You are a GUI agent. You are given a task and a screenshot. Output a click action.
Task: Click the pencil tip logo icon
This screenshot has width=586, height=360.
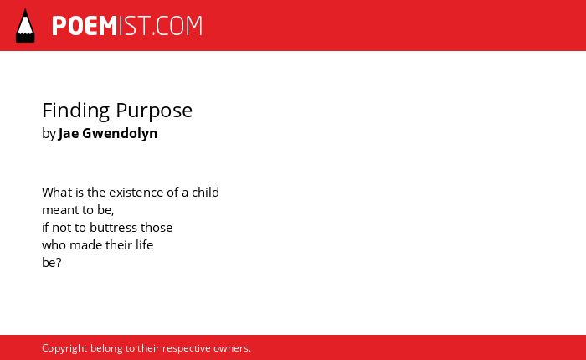tap(25, 26)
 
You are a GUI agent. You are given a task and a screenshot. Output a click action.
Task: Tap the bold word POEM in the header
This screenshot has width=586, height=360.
tap(85, 26)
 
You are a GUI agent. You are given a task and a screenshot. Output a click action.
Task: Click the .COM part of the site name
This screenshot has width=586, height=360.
tap(177, 26)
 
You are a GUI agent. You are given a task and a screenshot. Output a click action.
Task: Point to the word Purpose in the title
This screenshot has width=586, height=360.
tap(154, 111)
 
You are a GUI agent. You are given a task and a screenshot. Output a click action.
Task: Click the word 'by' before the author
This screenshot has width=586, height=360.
tap(49, 134)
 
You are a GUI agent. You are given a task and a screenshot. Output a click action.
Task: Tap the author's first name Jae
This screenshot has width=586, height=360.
tap(69, 133)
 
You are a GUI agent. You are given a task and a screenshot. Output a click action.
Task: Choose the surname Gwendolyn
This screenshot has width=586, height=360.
tap(120, 133)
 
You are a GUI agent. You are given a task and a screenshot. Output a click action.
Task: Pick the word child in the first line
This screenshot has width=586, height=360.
tap(206, 193)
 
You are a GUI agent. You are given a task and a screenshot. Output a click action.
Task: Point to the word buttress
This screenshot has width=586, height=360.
tap(114, 228)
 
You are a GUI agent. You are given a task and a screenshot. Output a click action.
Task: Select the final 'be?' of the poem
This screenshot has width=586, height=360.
tap(52, 263)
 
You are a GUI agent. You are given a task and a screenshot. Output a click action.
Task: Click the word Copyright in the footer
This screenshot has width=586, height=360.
tap(64, 348)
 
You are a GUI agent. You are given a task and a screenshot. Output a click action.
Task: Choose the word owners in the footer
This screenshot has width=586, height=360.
tap(230, 348)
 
